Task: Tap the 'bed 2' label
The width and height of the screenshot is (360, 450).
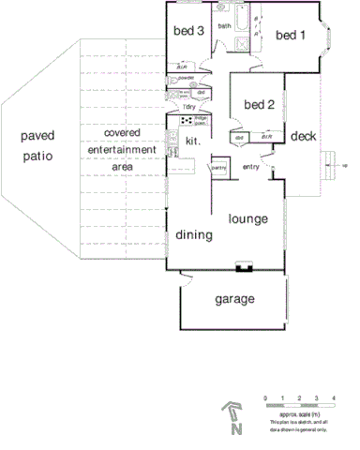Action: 259,105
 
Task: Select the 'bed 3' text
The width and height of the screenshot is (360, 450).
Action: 189,30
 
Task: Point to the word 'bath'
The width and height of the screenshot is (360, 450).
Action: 225,25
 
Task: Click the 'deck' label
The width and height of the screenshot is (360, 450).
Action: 304,137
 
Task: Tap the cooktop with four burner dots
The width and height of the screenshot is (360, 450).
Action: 187,121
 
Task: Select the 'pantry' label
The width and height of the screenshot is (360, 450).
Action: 219,168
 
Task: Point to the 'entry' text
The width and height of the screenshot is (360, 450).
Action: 251,167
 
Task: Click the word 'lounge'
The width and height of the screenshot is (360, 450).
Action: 248,219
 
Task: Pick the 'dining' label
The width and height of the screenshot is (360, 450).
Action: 194,235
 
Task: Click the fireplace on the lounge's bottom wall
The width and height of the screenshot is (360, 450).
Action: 245,267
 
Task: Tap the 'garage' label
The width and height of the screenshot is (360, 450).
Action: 235,300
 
